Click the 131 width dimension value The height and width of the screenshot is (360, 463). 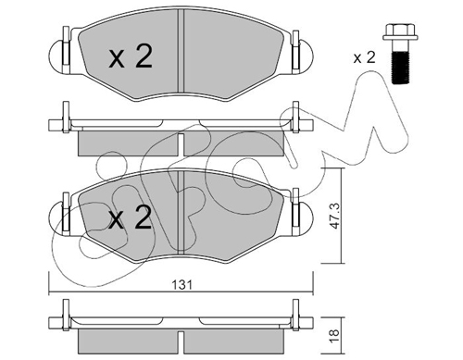tap(182, 285)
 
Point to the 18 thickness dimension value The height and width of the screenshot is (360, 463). tap(334, 333)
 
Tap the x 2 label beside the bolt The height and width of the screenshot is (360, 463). tap(364, 57)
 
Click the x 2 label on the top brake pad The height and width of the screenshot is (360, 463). tap(131, 56)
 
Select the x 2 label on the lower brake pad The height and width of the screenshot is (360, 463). tap(130, 217)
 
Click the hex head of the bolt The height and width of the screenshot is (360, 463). tap(400, 32)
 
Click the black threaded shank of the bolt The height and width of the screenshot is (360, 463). tap(400, 68)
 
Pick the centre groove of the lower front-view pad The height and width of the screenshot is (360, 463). tap(181, 212)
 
